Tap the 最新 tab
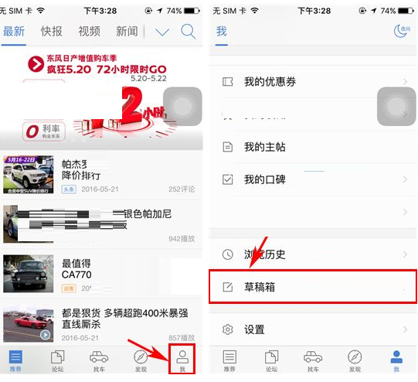pos(15,31)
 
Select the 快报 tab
pos(52,31)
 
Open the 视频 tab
pos(90,31)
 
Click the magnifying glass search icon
pos(188,32)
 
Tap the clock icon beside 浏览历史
pos(227,254)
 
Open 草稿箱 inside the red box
pos(260,287)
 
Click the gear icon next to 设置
pos(227,329)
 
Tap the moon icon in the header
pos(401,31)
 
